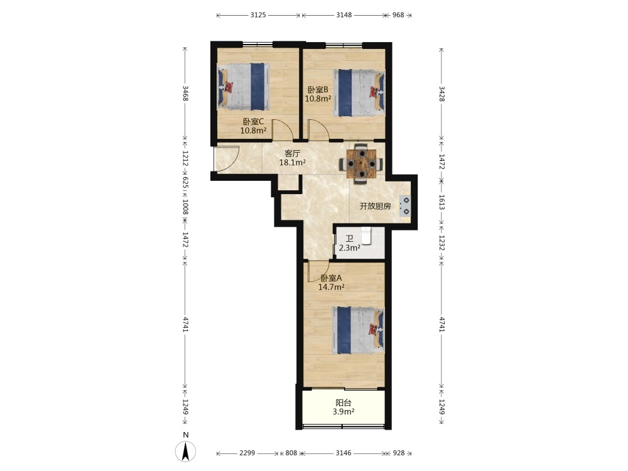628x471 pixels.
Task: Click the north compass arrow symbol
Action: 185,452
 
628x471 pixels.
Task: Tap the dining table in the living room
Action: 362,164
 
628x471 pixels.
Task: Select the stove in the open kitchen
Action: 404,206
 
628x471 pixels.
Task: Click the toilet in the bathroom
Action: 367,235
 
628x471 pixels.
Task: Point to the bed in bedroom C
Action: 243,86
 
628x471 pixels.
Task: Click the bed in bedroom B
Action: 359,93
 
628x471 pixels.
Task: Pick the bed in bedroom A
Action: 358,330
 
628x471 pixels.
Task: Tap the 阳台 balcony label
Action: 344,403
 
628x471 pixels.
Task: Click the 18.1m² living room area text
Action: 293,163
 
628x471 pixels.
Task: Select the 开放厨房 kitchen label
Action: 376,206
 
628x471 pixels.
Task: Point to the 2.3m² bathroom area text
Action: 350,248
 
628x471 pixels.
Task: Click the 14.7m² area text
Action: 332,287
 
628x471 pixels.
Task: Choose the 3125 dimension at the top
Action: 258,15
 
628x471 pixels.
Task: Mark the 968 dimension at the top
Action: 398,15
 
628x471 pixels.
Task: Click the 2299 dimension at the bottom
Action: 247,453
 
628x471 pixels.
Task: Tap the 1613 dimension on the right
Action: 441,202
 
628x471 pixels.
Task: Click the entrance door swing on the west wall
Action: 227,159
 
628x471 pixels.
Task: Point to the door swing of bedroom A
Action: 318,271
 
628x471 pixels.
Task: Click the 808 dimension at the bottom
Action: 291,453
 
